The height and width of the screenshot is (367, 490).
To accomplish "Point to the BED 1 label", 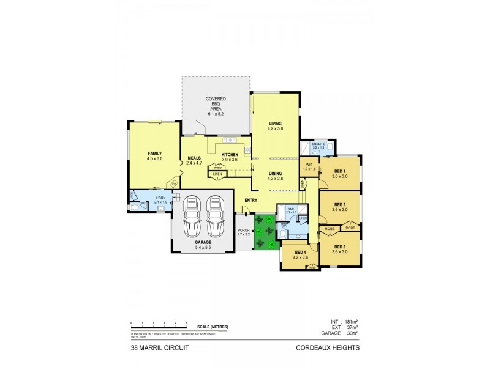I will (341, 174).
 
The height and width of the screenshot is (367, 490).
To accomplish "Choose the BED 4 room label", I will (300, 254).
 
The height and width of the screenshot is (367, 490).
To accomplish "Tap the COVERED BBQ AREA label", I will (215, 104).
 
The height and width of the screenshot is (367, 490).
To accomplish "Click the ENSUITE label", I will (318, 145).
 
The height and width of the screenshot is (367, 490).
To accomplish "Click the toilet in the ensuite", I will (329, 147).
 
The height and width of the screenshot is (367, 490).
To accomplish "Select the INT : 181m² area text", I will (345, 322).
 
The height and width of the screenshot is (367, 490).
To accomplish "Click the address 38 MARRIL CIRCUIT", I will (157, 349).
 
